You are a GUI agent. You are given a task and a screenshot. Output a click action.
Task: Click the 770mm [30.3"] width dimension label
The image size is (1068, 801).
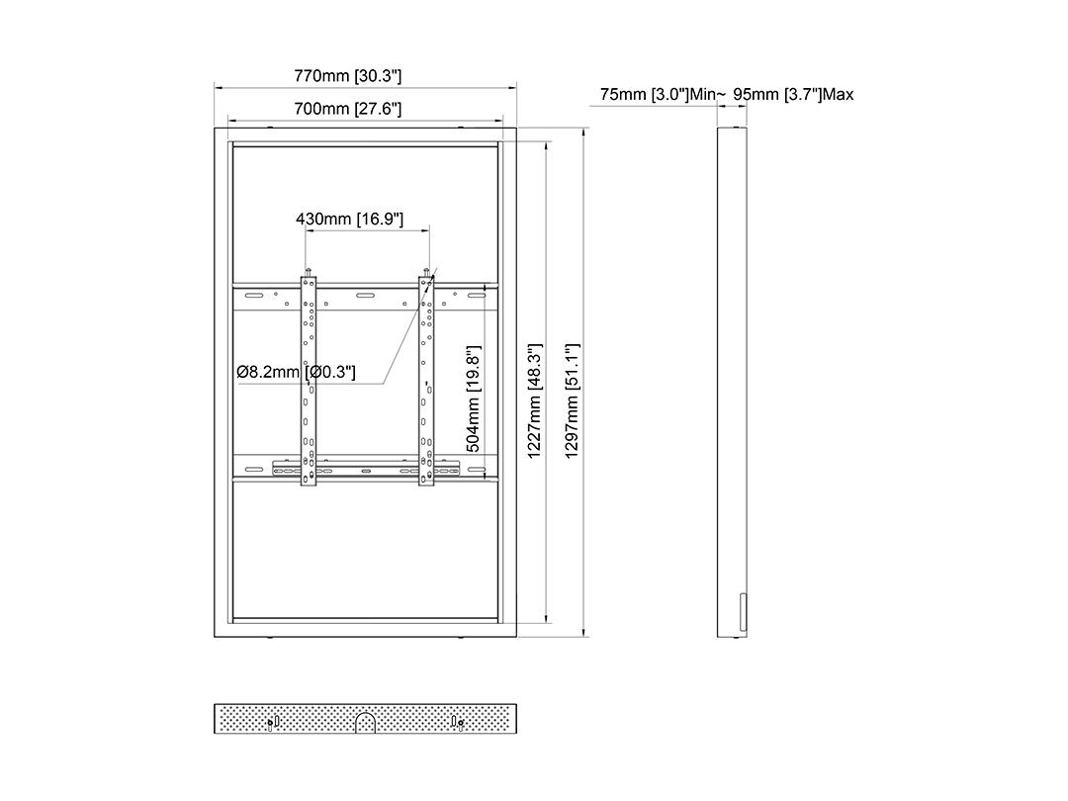point(347,75)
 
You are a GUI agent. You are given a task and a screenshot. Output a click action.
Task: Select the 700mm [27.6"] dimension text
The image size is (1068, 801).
point(347,109)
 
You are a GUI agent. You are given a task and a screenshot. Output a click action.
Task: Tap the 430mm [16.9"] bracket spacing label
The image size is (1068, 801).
point(349,219)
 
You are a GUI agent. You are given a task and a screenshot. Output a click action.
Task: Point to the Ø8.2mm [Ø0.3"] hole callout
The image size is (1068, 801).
point(297,372)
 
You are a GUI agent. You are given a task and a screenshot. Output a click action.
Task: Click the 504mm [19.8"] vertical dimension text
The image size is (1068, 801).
point(474,399)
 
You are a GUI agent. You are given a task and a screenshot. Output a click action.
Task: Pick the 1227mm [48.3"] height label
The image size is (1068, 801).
point(535,400)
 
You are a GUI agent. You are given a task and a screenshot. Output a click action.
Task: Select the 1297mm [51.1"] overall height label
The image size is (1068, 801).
point(573,400)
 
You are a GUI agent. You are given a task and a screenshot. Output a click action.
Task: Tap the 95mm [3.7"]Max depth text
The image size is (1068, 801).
point(793,94)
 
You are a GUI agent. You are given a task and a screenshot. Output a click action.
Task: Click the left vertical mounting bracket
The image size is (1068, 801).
point(309,380)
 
